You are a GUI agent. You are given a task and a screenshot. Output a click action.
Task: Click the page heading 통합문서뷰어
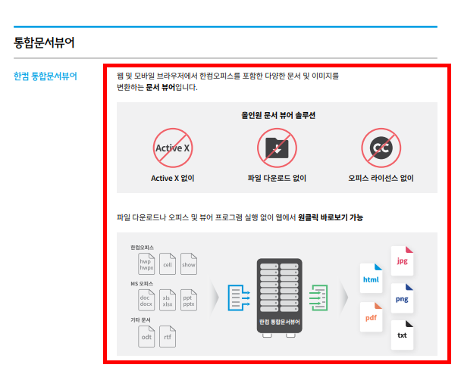(x=44, y=42)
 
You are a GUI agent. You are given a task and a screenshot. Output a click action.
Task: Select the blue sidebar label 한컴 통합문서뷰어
(x=46, y=76)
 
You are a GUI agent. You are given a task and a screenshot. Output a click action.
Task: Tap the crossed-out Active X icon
(x=172, y=148)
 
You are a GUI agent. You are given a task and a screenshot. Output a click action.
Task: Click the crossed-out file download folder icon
(x=277, y=148)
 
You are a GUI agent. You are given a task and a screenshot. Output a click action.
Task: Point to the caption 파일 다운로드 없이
(x=277, y=179)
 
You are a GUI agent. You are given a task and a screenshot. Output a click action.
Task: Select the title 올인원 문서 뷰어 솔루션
(x=277, y=116)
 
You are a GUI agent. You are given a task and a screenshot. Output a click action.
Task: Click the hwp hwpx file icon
(x=146, y=263)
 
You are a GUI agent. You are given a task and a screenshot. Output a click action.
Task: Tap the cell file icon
(x=168, y=263)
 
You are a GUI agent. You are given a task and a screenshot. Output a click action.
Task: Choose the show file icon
(x=188, y=263)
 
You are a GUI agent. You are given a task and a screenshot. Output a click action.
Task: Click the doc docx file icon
(x=146, y=299)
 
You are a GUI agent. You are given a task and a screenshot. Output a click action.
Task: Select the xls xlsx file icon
(x=168, y=299)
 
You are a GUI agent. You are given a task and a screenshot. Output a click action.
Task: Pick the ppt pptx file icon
(x=188, y=299)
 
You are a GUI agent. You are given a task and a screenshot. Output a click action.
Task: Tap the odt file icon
(x=146, y=335)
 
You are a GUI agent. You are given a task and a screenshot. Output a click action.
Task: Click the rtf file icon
(x=168, y=335)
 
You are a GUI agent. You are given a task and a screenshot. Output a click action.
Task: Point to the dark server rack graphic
(x=278, y=296)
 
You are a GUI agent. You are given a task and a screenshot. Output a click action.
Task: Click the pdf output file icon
(x=372, y=316)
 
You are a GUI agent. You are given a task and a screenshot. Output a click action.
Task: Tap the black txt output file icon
(x=402, y=334)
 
